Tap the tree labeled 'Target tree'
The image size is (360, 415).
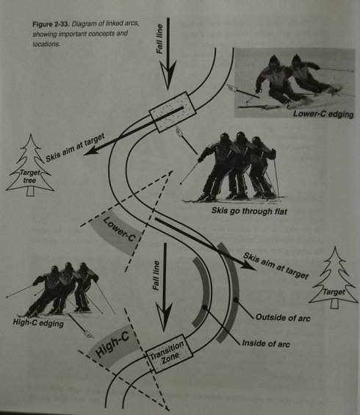point(30,165)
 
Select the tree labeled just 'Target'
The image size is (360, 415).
point(334,278)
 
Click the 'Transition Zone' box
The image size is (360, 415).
point(169,353)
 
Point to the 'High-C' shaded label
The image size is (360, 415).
point(112,344)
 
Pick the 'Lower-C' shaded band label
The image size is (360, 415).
point(118,229)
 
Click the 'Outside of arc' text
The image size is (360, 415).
point(283,317)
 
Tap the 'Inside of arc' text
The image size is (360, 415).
point(266,344)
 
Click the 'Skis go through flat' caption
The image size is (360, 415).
point(249,212)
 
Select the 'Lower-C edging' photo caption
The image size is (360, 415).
point(323,114)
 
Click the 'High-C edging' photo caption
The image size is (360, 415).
point(38,323)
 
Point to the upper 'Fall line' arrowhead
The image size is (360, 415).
point(168,76)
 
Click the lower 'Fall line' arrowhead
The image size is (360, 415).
point(164,317)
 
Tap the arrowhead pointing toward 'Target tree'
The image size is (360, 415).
point(91,151)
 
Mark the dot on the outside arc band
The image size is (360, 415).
point(235,300)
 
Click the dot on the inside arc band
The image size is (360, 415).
point(204,308)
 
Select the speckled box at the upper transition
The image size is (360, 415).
point(173,112)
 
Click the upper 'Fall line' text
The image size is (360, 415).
point(160,39)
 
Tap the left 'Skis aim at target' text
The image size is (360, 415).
point(75,148)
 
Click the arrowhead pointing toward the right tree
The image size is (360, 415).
point(248,266)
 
